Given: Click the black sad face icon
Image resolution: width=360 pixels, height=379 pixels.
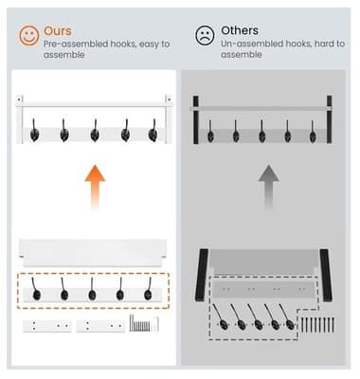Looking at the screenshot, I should [x=204, y=35].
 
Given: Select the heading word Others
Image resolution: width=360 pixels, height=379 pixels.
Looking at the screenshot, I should [x=239, y=30].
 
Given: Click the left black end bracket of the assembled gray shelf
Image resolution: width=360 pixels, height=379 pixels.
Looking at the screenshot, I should [x=196, y=118].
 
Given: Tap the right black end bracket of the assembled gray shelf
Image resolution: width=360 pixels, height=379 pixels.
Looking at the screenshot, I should [x=329, y=118].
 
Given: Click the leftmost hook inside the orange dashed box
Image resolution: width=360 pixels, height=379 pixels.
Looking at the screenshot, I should [x=39, y=290].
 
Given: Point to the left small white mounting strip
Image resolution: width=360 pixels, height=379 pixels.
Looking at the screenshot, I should [x=46, y=325].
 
